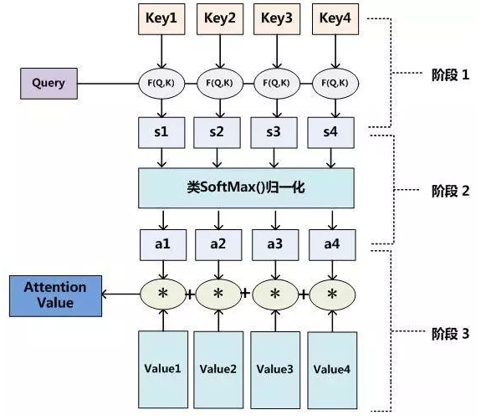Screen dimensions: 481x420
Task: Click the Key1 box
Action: tap(161, 19)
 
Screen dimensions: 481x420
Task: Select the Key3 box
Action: tap(277, 19)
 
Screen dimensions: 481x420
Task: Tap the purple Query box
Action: tap(49, 84)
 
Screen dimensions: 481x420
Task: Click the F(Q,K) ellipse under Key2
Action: tap(220, 83)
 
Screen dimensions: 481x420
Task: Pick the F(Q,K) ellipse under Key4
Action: tap(335, 83)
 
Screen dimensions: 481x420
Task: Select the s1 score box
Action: tap(161, 132)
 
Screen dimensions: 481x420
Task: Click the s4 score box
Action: tap(331, 132)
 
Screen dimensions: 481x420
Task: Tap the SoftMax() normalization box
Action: tap(246, 187)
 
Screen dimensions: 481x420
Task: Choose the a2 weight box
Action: tap(218, 245)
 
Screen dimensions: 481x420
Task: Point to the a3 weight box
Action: tap(275, 245)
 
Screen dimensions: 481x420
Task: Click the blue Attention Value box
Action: tap(55, 295)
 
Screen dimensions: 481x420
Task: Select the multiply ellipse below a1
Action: tap(163, 295)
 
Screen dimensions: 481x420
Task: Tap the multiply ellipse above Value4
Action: tap(333, 295)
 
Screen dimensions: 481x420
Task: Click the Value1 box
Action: tap(163, 369)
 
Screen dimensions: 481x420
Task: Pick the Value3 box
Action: tap(275, 370)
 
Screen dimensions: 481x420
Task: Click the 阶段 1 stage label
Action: tap(450, 74)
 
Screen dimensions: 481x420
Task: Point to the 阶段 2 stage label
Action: tap(450, 191)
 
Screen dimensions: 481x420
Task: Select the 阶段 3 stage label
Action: tap(450, 334)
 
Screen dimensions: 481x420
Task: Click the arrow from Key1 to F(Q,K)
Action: tap(161, 52)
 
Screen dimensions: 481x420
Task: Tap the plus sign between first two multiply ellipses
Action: tap(190, 295)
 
